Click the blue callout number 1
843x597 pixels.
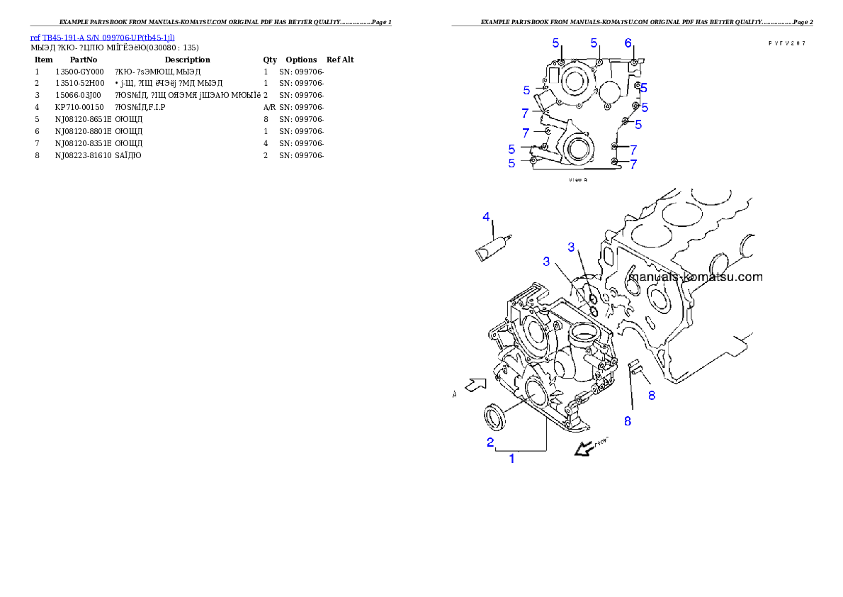(512, 459)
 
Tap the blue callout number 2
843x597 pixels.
(490, 442)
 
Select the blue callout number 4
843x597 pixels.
(486, 216)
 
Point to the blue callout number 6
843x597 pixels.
(628, 43)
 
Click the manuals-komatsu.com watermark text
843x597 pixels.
(696, 277)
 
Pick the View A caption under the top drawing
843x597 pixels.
(578, 180)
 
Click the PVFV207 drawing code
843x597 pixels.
(786, 43)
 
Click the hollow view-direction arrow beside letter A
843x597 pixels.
(475, 385)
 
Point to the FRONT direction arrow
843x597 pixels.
(584, 448)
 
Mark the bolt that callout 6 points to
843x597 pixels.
(633, 62)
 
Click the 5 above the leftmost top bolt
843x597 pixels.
(556, 43)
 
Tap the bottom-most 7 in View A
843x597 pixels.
(633, 164)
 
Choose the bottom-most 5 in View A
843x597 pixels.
(511, 163)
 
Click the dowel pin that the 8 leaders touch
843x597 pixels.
(635, 367)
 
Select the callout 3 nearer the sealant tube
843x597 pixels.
(546, 262)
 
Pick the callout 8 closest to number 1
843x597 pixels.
(627, 420)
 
